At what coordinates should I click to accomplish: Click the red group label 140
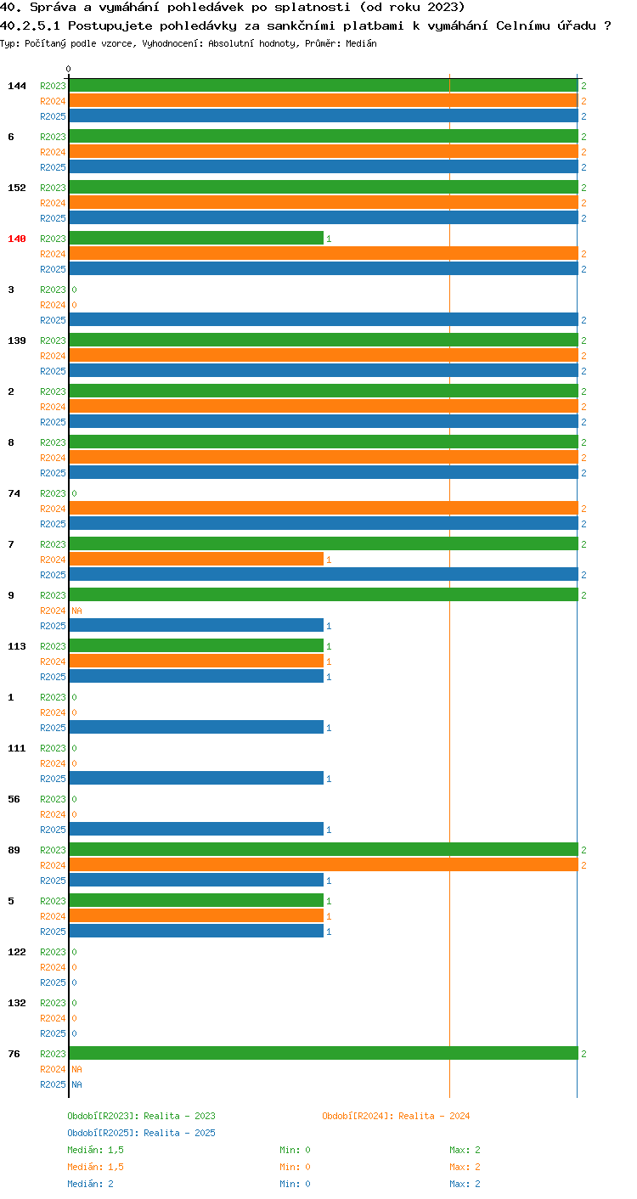coord(17,239)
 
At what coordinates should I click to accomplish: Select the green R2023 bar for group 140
coord(196,239)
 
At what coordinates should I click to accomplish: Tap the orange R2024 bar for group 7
coord(196,560)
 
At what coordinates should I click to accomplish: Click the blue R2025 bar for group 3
coord(324,319)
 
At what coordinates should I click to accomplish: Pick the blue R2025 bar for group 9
coord(196,625)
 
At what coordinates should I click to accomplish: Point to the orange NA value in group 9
coord(77,611)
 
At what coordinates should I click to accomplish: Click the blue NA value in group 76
coord(77,1084)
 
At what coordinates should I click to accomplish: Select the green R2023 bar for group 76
coord(324,1053)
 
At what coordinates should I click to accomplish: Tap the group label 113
coord(17,646)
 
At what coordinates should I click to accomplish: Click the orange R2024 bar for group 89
coord(324,864)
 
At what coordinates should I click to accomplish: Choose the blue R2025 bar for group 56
coord(196,829)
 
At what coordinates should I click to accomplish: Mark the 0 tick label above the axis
coord(69,69)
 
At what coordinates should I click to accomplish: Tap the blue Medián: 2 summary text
coord(91,1184)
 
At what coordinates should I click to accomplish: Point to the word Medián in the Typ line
coord(361,43)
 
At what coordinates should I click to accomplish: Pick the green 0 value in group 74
coord(75,493)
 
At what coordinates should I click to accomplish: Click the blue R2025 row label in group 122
coord(53,982)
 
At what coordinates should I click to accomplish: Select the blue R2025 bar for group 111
coord(196,778)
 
